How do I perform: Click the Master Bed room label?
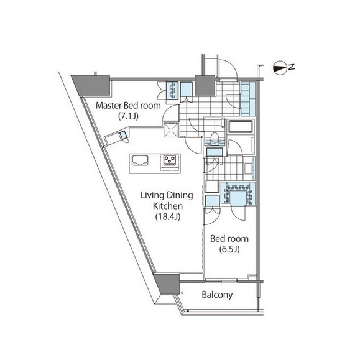128,106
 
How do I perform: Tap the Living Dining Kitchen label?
167,200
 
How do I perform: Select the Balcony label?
217,295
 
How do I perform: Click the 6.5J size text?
229,249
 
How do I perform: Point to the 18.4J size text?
168,216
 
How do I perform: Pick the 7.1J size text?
128,116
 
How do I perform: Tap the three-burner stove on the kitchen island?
170,160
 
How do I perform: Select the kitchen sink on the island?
139,160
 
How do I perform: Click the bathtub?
241,126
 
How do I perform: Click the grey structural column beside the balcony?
167,284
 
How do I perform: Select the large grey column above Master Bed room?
93,85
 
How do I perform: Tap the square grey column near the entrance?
205,85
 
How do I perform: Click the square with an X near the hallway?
171,130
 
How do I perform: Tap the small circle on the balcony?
182,293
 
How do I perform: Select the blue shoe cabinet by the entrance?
248,98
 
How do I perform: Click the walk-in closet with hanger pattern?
238,193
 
